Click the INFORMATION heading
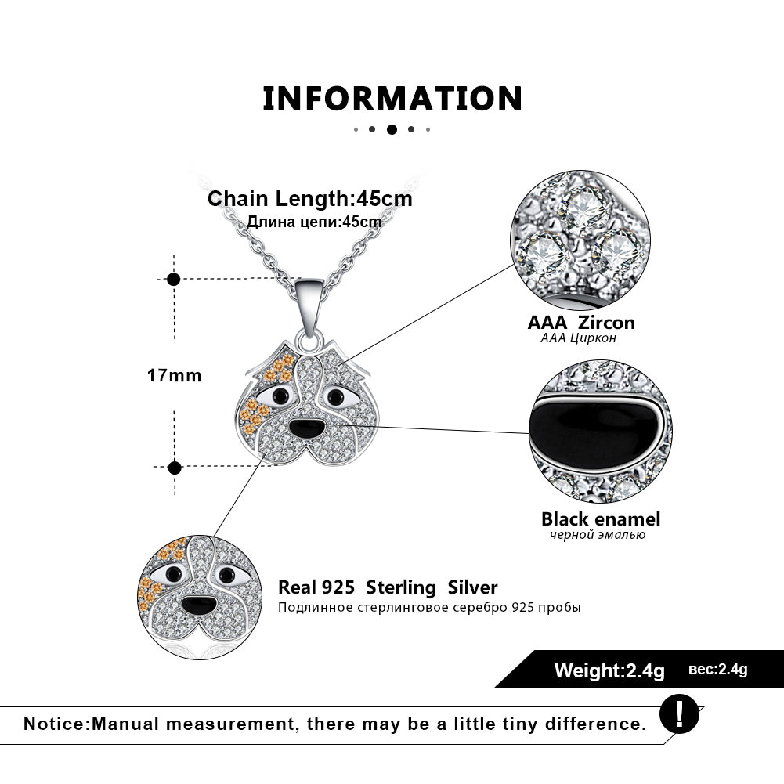(392, 99)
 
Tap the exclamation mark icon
(677, 714)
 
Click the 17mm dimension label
(174, 375)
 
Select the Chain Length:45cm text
(310, 198)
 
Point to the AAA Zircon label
(581, 322)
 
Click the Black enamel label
(601, 518)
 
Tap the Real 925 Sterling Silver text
(388, 587)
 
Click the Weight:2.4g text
(609, 670)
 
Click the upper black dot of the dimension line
(174, 279)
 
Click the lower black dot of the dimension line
(175, 468)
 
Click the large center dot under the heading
(392, 129)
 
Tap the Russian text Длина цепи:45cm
(314, 222)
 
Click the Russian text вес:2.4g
(718, 670)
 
